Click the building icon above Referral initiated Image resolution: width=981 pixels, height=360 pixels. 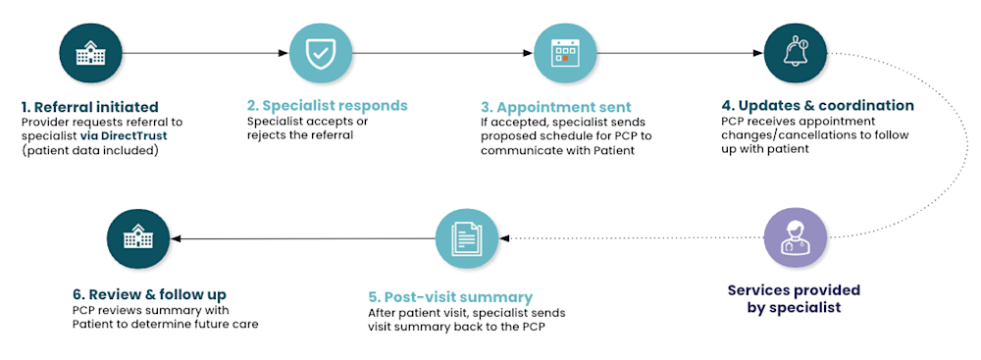(90, 53)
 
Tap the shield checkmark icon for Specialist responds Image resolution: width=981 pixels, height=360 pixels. (320, 53)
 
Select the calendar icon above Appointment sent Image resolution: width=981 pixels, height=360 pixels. (564, 53)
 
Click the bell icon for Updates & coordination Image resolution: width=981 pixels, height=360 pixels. (796, 53)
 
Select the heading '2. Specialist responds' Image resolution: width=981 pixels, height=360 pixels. (327, 105)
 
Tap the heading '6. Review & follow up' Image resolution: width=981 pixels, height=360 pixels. (148, 294)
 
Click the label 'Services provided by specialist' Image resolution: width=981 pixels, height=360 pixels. (794, 299)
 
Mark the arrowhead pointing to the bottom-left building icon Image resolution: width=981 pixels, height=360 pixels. (178, 239)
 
